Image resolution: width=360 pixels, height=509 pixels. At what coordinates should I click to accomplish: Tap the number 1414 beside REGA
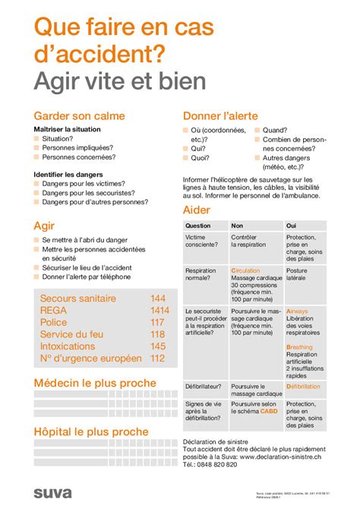coord(159,311)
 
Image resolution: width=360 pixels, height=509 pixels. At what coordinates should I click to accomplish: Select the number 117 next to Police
coord(158,323)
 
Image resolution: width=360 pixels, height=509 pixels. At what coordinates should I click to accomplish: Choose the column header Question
coord(198,226)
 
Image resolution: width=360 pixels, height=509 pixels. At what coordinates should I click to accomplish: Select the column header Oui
coord(291,226)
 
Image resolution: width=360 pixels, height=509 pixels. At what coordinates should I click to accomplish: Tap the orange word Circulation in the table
coord(245,270)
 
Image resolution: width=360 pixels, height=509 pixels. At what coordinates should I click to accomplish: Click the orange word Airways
coord(297,311)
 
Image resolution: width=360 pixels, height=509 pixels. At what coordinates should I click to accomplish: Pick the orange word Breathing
coord(299,347)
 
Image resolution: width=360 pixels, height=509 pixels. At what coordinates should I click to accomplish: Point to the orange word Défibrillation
coord(303,386)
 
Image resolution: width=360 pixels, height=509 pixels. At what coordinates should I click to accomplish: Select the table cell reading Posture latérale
coord(297,275)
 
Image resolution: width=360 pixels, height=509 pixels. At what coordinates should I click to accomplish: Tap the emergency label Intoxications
coord(73,346)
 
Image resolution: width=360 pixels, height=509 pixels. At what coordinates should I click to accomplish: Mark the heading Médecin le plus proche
coord(95,383)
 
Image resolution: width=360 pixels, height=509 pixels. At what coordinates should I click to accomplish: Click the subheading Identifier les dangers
coord(69,175)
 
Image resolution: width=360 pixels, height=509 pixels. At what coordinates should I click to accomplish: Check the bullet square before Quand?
coord(257,131)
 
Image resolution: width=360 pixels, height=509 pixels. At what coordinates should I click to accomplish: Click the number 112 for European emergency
coord(158,359)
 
